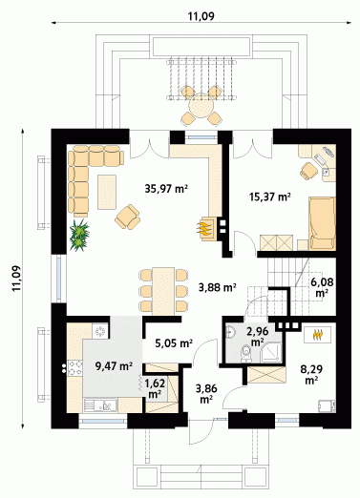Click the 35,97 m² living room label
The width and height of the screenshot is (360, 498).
point(165,189)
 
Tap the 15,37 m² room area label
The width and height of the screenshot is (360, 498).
point(270,197)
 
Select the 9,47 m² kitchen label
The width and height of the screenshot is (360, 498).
point(114,366)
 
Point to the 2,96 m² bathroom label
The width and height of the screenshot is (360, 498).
point(258,336)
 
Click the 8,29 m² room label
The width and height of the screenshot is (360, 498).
point(311,374)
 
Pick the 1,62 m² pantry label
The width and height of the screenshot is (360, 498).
point(155,388)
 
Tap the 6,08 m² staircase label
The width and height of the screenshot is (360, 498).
point(322,287)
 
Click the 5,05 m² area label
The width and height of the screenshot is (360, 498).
point(174,343)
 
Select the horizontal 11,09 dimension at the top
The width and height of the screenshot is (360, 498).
point(201,16)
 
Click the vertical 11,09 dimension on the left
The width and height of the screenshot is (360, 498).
point(16,278)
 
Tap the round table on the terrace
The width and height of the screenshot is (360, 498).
point(201,106)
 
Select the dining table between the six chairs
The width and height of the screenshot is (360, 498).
point(163,291)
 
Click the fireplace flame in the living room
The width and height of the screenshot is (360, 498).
point(203,228)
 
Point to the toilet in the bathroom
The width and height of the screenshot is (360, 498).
point(245,353)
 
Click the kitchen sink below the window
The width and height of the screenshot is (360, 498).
point(100,405)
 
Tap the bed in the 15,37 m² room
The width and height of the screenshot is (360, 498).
point(322,223)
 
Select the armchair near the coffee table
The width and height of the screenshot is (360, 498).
point(128,217)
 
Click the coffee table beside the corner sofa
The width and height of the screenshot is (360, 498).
point(107,192)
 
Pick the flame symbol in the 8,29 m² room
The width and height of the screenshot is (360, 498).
point(318,334)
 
